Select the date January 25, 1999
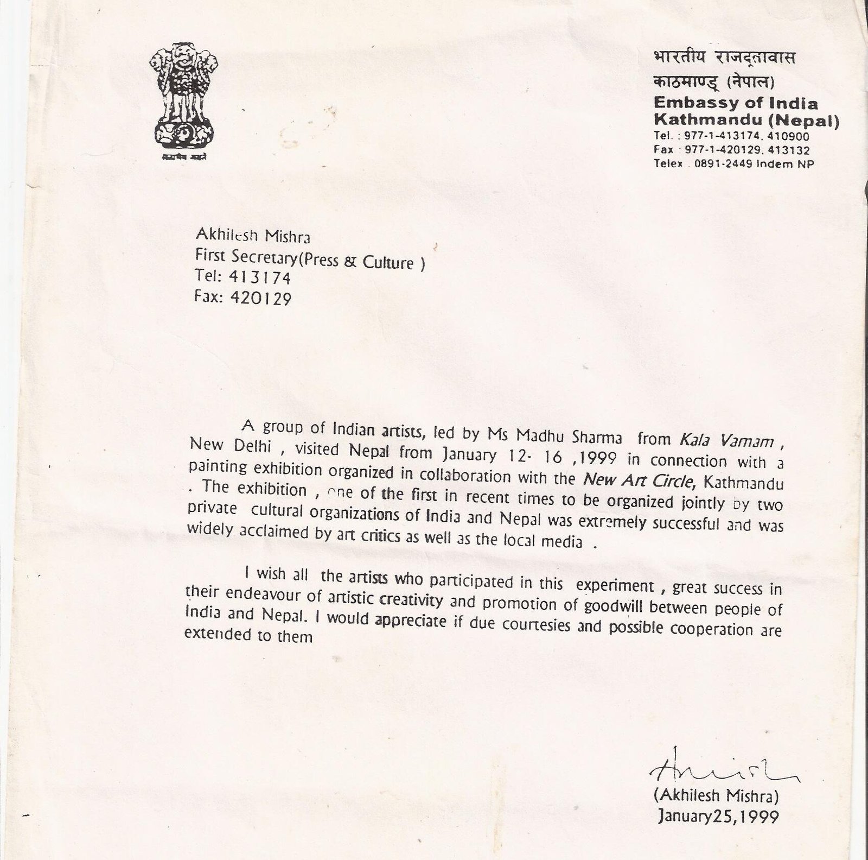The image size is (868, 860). (718, 816)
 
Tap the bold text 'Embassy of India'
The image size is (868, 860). (736, 103)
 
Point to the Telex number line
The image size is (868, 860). (733, 164)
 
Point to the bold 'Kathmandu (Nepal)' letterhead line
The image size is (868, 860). (746, 119)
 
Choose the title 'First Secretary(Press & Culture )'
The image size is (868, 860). (309, 262)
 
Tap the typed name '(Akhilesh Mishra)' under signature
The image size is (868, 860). (717, 796)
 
